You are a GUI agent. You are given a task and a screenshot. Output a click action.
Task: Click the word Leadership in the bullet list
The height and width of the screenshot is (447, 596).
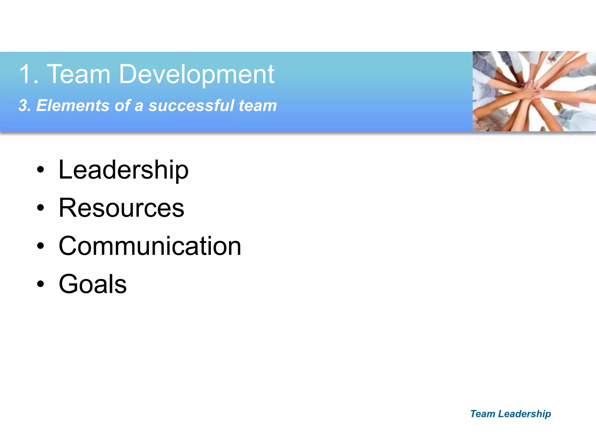point(123,170)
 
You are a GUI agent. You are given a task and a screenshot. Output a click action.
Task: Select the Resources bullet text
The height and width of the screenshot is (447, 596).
point(121,208)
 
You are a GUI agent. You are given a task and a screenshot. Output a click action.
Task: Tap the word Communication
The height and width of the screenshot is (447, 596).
point(150,246)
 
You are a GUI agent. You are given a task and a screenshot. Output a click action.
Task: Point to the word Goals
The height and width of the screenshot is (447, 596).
point(93,284)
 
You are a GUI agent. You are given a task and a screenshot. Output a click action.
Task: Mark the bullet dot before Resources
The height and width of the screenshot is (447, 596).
point(41,208)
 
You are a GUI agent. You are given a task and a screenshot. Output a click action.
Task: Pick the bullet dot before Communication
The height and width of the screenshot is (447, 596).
point(41,246)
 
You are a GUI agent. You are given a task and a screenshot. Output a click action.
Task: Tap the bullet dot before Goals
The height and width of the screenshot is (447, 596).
point(41,284)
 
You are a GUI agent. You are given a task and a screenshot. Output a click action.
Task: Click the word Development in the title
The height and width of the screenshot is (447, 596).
point(196,74)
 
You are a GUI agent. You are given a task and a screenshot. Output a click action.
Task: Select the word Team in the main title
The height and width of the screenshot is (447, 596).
point(79,74)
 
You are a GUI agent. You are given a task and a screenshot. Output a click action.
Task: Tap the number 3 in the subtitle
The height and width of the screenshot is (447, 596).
point(23,105)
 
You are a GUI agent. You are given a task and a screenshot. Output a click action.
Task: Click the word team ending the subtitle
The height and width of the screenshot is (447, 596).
point(258,106)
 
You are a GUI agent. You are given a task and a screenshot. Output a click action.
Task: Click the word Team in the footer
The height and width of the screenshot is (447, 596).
point(483,414)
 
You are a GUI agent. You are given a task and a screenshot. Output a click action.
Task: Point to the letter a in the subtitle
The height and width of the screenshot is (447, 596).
point(139,106)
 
